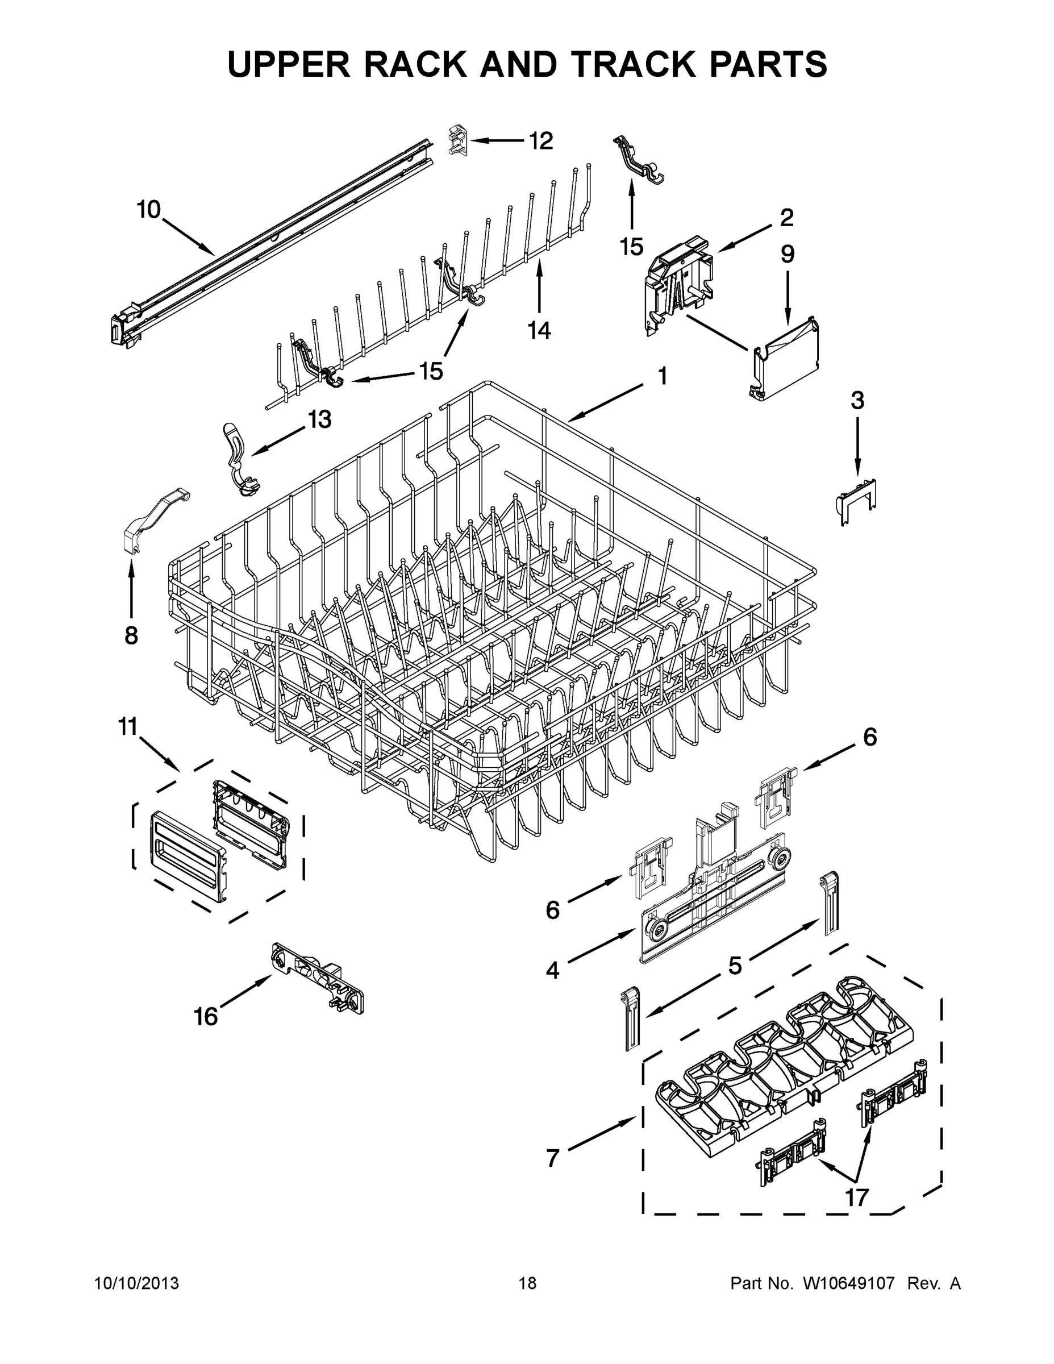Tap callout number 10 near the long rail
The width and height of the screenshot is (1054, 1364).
[149, 210]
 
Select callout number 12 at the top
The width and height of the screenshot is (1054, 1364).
[541, 141]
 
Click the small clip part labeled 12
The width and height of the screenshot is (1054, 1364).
[458, 140]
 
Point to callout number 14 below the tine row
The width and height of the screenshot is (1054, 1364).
[539, 330]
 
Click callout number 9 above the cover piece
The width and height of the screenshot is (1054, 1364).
[788, 254]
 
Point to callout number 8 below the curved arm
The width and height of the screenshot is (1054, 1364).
[131, 636]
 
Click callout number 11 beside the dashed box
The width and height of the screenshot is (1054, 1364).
[128, 727]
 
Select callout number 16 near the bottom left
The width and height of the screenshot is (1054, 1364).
[206, 1017]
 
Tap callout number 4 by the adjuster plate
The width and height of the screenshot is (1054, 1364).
[552, 970]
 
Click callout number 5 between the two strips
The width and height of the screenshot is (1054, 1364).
[735, 966]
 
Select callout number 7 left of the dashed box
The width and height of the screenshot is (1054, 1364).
[552, 1158]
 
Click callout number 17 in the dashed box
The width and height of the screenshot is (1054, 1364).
[857, 1197]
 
